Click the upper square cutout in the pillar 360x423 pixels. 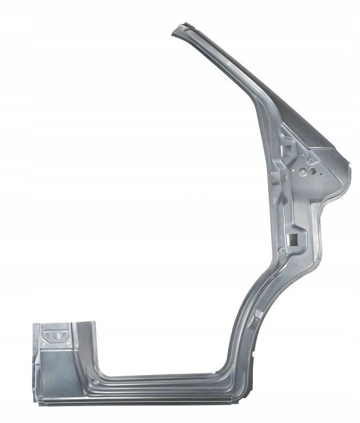(287, 148)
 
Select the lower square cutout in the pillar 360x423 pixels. (292, 237)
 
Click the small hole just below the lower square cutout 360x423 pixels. (282, 250)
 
